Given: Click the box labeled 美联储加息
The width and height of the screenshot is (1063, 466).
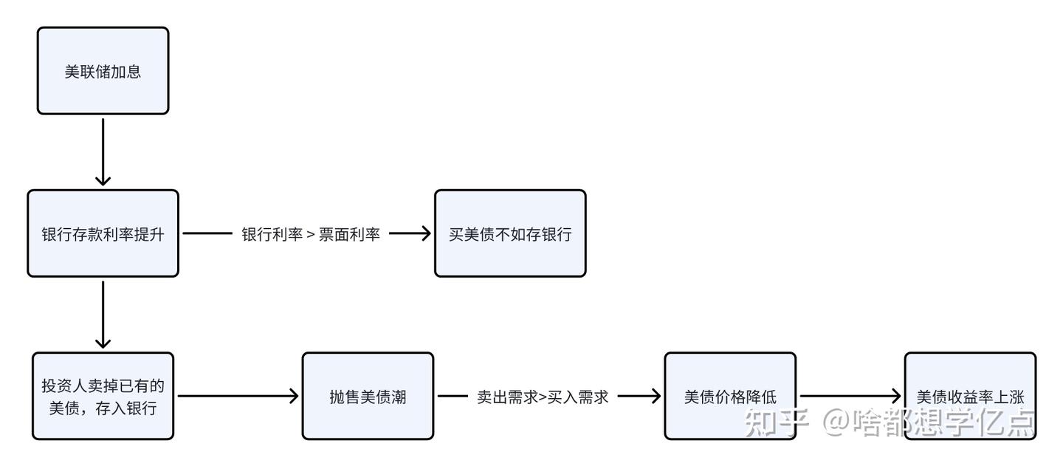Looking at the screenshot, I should (103, 71).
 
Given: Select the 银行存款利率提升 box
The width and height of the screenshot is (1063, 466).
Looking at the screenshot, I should (103, 233).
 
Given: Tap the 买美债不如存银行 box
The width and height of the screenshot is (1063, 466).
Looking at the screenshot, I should (510, 233).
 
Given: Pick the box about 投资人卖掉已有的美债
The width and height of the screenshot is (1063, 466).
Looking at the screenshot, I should (103, 397).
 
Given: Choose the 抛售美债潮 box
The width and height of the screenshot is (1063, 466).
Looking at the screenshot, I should (368, 397).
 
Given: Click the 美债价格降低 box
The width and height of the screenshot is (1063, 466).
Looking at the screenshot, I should (730, 397).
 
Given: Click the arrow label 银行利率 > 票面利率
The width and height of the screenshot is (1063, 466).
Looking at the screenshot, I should (311, 234).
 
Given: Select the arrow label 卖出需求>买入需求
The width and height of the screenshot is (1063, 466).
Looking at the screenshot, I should (543, 397).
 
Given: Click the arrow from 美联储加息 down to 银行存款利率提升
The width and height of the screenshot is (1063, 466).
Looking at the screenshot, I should (103, 151).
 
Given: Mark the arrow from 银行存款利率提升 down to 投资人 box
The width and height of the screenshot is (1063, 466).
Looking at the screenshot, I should (103, 314).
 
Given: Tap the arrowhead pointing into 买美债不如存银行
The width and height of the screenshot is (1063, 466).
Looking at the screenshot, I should (424, 233).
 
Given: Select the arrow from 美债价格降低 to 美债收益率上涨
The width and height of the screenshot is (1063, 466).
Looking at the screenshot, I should (849, 397).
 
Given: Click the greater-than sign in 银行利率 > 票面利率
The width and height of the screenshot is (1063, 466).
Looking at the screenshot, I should (311, 235).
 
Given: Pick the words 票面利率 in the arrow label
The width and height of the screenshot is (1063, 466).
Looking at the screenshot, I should (349, 234).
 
